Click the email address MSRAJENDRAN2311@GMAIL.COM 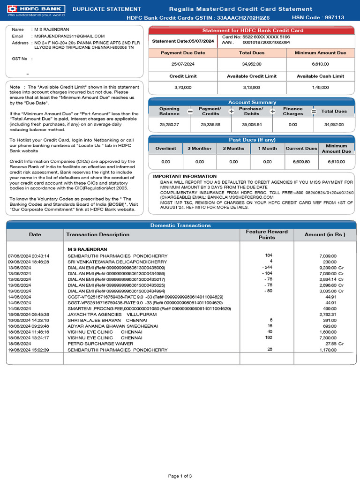(69, 36)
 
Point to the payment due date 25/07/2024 (183, 64)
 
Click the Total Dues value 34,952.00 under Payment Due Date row (252, 64)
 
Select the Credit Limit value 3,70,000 (183, 87)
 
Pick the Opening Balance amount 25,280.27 (169, 125)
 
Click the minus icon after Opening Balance (190, 112)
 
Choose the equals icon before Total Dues (314, 112)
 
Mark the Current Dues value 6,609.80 (301, 162)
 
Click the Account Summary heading (252, 102)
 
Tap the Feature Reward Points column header (267, 234)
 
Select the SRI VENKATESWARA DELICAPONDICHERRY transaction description (117, 262)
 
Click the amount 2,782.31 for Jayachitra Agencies (328, 315)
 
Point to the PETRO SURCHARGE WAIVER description (100, 344)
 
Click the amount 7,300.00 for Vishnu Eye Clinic (328, 338)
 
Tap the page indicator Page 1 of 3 (180, 476)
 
